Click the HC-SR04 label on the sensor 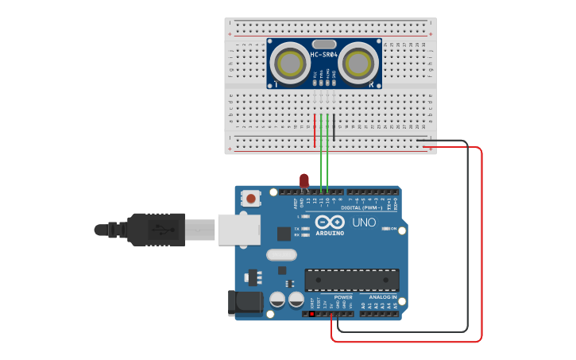coord(324,55)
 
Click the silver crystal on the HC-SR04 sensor coord(323,45)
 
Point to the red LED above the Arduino coord(304,181)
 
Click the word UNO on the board coord(364,223)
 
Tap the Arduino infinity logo coord(329,223)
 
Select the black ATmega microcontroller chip coord(352,280)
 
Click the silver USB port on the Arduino coord(239,229)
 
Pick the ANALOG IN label coord(382,297)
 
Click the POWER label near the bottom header coord(343,297)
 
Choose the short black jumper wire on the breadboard coord(334,128)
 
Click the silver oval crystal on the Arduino coord(281,255)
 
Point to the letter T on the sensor coord(276,83)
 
